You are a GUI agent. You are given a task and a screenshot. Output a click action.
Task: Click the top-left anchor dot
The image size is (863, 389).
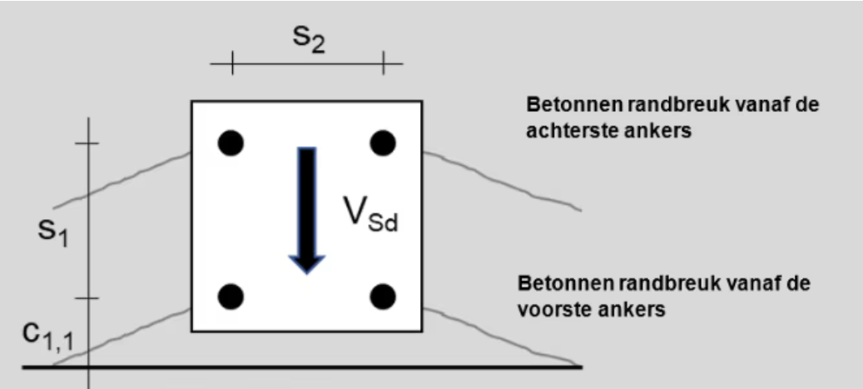(x=231, y=143)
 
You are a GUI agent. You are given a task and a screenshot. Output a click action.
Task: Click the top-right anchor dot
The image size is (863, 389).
(x=383, y=143)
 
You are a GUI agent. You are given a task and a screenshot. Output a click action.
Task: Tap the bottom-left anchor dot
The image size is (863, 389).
(x=231, y=297)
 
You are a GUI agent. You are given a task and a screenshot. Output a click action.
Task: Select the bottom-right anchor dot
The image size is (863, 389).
(x=383, y=297)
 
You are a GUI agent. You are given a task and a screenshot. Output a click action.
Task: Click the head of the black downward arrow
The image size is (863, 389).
(x=306, y=265)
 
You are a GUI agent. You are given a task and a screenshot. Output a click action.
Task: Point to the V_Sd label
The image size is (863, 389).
(x=370, y=214)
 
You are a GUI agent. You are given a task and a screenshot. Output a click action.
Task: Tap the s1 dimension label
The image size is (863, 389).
(x=53, y=232)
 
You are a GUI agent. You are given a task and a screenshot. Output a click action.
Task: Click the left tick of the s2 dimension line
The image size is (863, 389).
(x=232, y=63)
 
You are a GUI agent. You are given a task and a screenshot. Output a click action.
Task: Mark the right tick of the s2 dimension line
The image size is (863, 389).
(x=384, y=63)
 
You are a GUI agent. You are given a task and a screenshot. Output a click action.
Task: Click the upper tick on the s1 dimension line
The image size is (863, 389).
(x=87, y=143)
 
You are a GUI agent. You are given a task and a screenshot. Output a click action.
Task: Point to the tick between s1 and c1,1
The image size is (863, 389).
(x=87, y=298)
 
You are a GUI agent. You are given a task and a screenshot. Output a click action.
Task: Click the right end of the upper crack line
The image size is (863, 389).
(x=581, y=210)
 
